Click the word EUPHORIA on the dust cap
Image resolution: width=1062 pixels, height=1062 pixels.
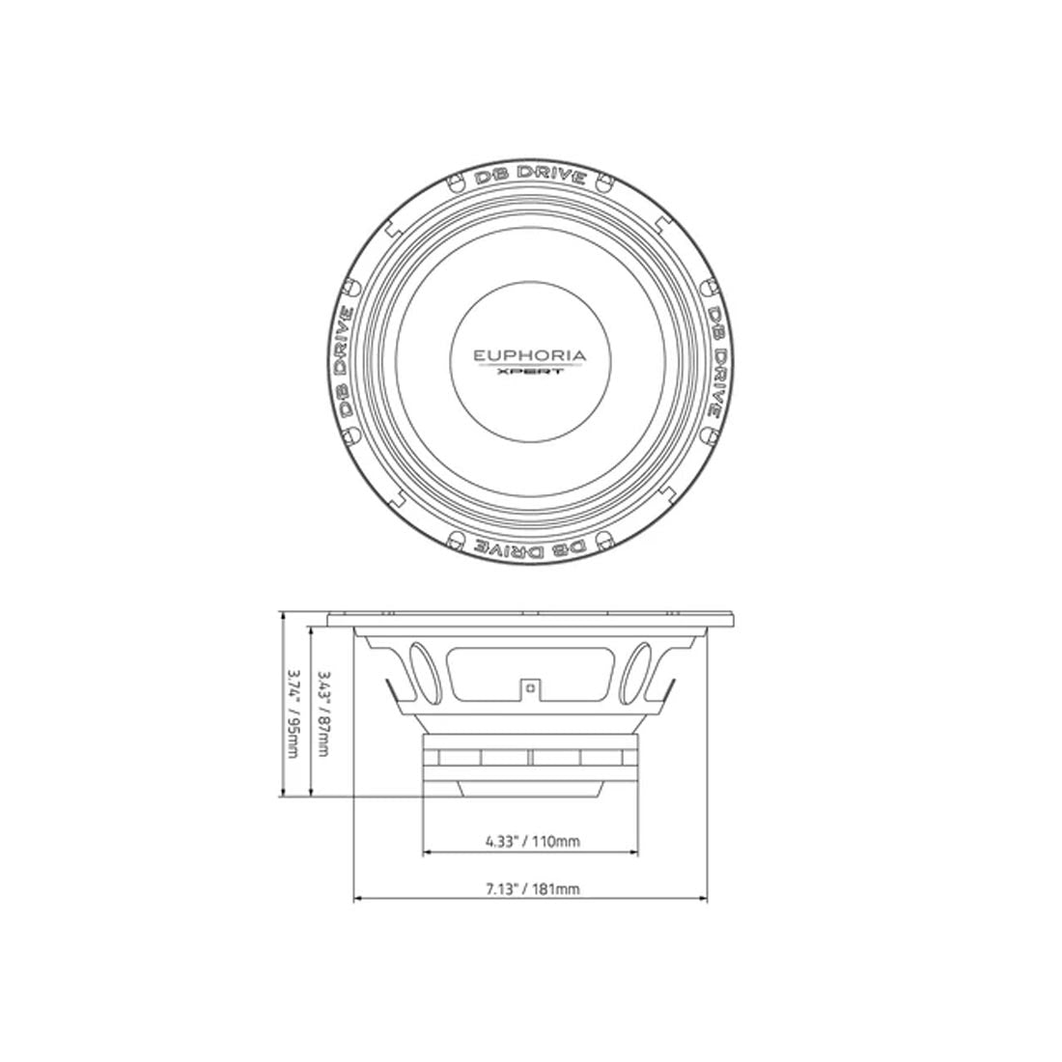pyautogui.click(x=529, y=355)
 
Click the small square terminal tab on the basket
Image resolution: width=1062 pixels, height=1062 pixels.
pyautogui.click(x=530, y=687)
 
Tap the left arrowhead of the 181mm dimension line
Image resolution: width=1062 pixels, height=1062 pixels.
pyautogui.click(x=359, y=902)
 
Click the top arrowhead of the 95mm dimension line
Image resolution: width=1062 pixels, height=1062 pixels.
pyautogui.click(x=282, y=615)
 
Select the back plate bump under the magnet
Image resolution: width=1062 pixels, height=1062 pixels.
pyautogui.click(x=530, y=789)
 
